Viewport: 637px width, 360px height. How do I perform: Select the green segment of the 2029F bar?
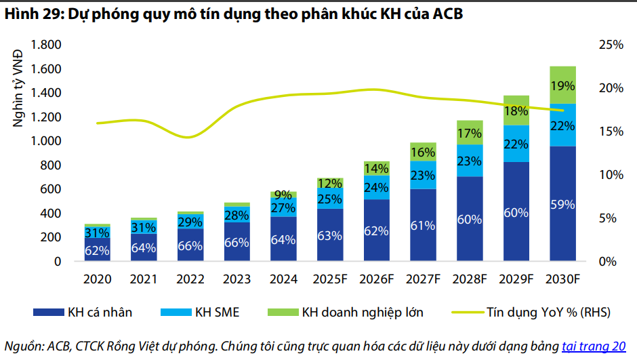pyautogui.click(x=516, y=111)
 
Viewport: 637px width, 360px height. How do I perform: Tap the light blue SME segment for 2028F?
pyautogui.click(x=470, y=161)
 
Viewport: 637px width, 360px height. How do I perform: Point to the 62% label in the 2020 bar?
pyautogui.click(x=98, y=250)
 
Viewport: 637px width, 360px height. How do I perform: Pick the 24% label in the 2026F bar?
pyautogui.click(x=377, y=187)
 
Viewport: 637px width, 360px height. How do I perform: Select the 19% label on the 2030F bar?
pyautogui.click(x=562, y=86)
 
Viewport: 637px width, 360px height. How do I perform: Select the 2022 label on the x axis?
pyautogui.click(x=190, y=278)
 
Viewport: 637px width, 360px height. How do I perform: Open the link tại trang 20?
pyautogui.click(x=594, y=346)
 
